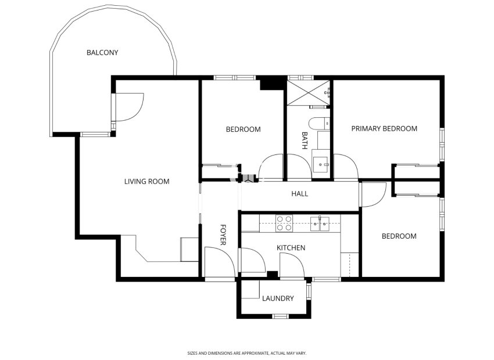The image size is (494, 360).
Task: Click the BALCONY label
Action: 102,53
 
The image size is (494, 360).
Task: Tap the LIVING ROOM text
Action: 146,182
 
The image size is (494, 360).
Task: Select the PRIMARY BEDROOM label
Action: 384,129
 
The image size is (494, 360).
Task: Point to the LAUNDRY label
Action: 278,299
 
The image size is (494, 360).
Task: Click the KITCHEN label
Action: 291,248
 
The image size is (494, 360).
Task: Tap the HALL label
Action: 299,194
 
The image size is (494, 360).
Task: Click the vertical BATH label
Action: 304,141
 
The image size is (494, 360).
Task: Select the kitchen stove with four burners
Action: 284,223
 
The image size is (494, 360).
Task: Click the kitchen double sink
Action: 320,223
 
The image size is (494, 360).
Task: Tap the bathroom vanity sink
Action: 321,162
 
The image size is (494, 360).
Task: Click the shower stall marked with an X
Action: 308,93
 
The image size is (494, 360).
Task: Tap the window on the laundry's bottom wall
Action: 281,316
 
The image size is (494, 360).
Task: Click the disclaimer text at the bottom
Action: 246,352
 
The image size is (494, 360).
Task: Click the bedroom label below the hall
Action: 399,236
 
